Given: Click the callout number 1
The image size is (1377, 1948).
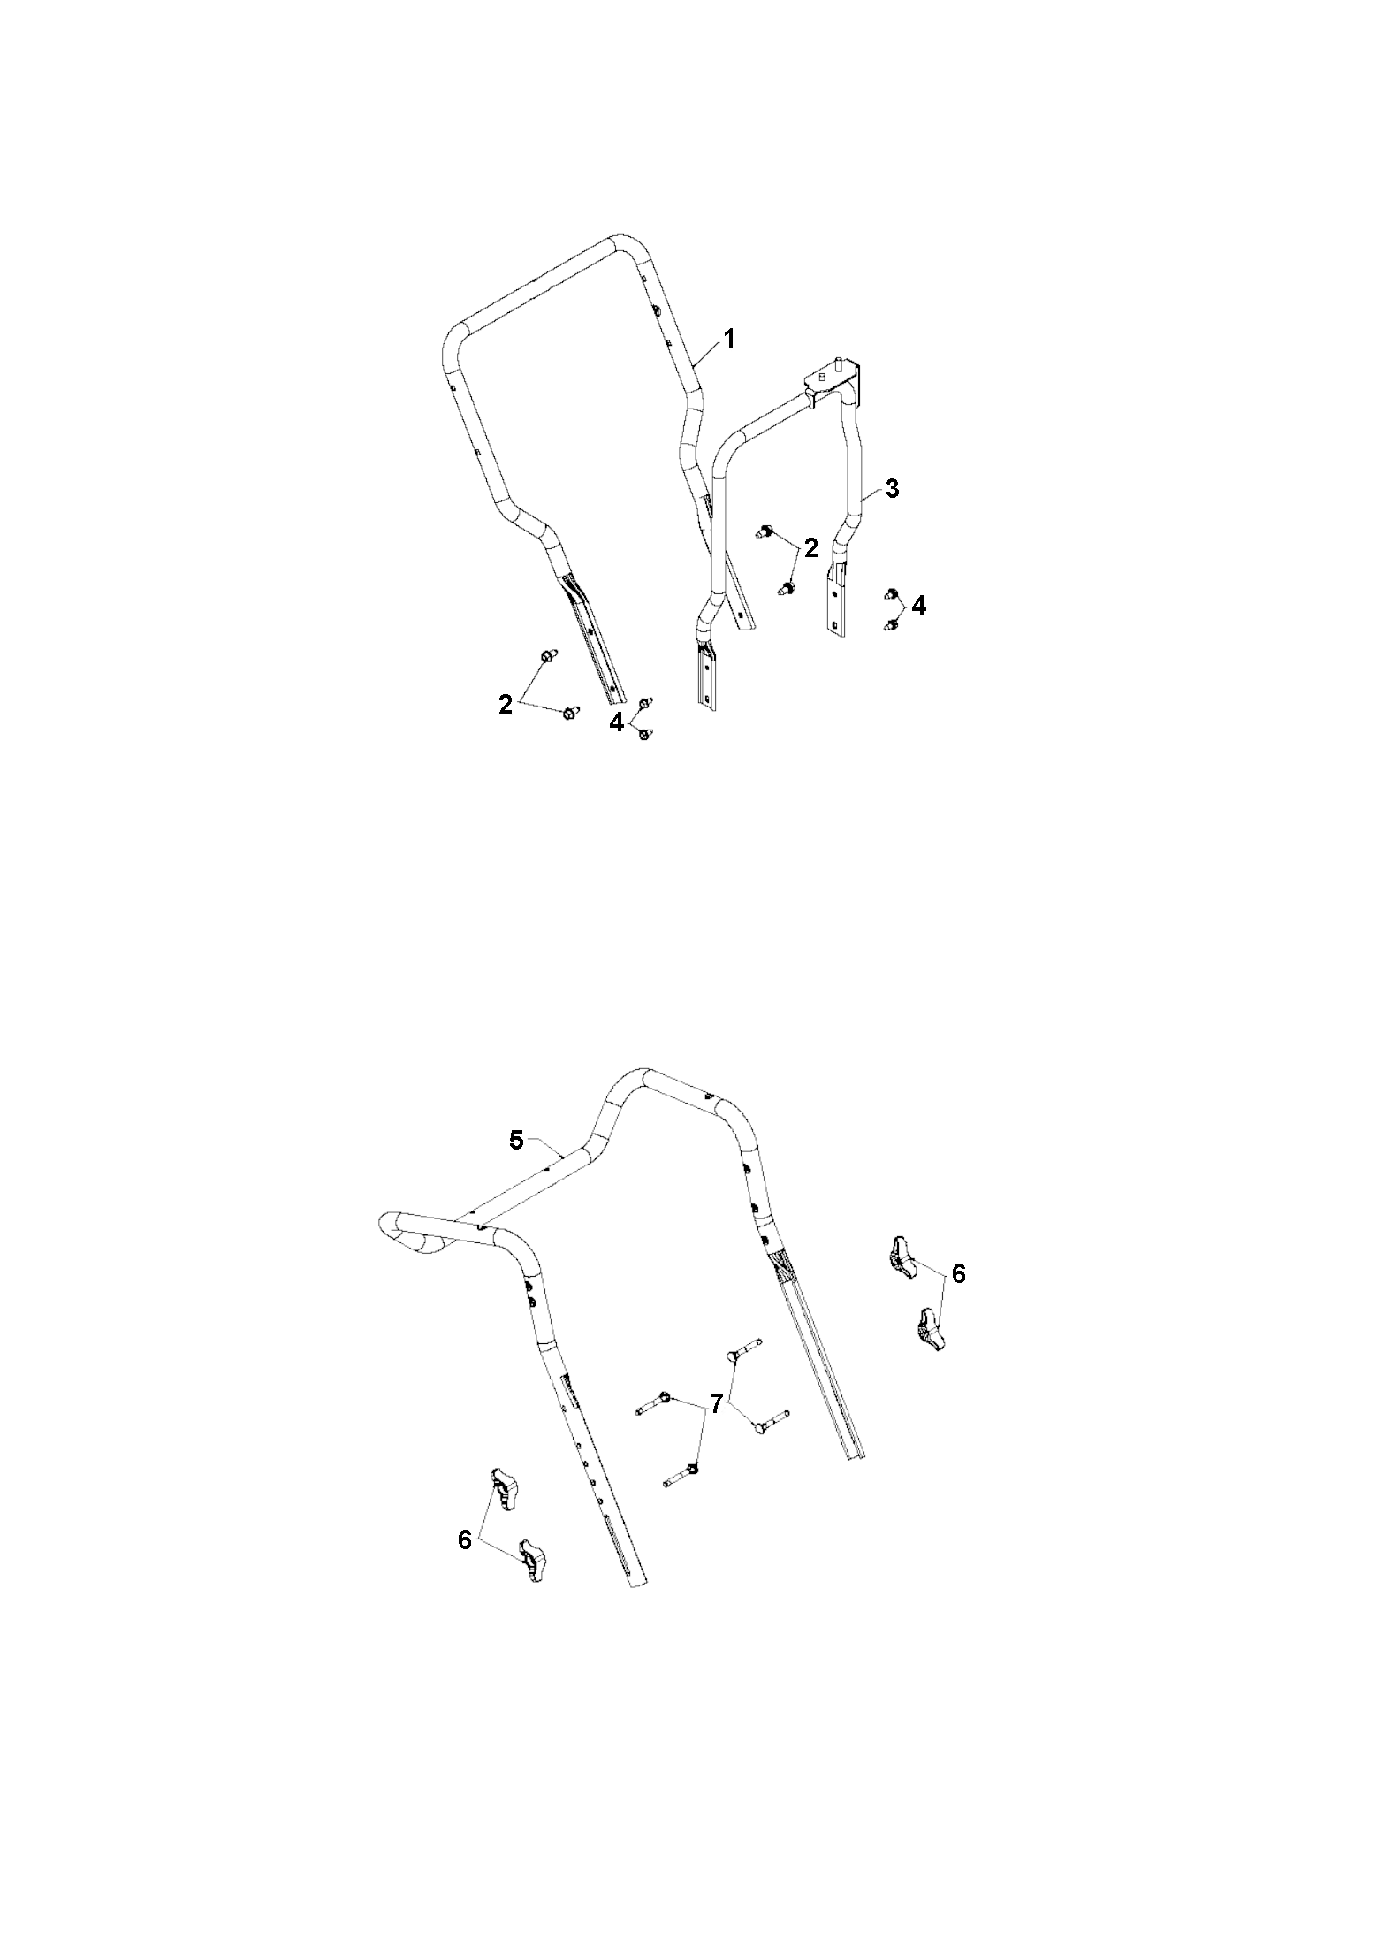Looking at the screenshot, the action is point(729,339).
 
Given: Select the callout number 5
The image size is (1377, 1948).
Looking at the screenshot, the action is point(517,1141).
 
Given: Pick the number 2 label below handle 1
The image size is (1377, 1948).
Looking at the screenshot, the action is point(506,705).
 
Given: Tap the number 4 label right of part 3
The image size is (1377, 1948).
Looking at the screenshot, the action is point(919,606).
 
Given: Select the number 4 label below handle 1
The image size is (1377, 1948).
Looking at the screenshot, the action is point(616,722).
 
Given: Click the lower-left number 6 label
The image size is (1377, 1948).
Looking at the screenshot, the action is point(465,1539).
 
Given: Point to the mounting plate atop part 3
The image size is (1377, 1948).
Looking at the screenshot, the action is point(831,376).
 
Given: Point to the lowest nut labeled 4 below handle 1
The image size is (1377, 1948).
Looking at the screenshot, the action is point(644,731).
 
